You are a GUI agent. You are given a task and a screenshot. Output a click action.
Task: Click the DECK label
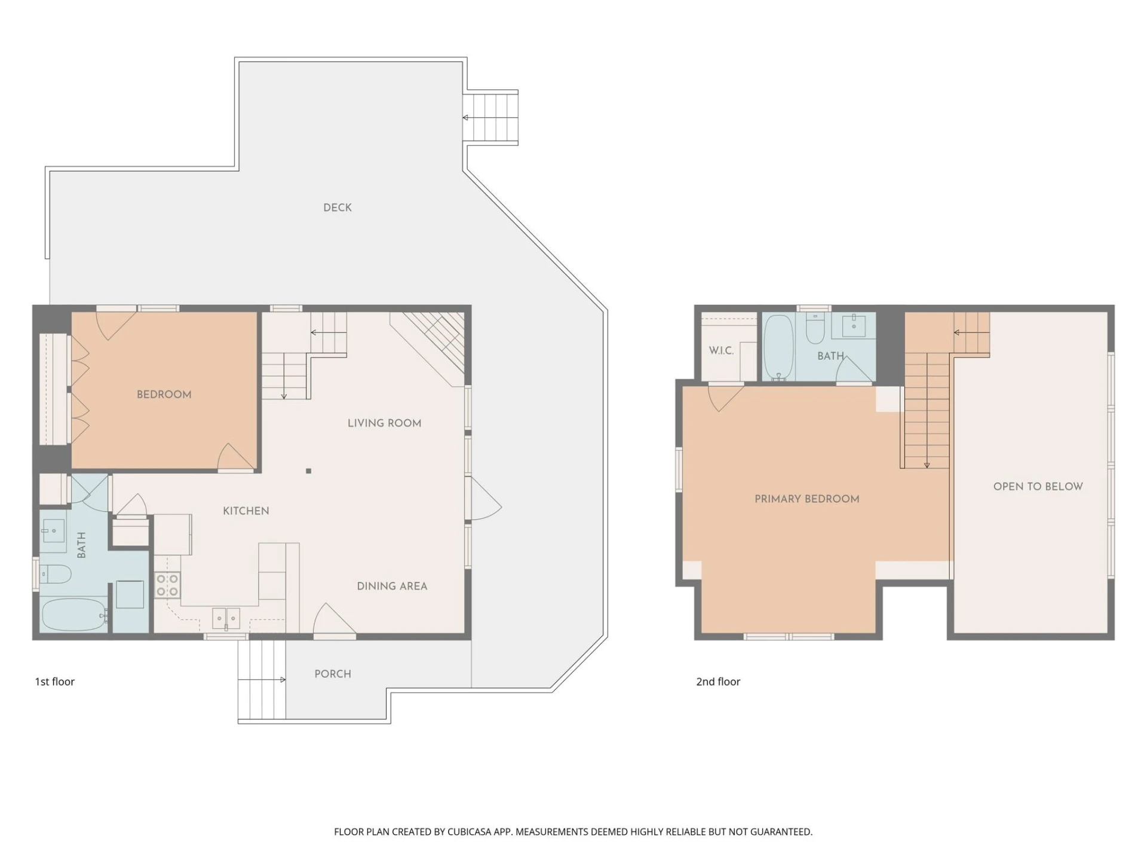coord(338,207)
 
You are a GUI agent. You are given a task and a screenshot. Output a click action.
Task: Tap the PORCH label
coord(333,674)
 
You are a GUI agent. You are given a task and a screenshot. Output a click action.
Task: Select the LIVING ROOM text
coord(385,423)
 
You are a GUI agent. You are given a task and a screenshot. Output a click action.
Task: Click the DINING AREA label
coord(392,586)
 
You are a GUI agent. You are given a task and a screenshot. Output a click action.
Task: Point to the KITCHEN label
coord(246,511)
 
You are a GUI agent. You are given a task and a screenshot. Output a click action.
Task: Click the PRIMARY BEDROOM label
coord(807,499)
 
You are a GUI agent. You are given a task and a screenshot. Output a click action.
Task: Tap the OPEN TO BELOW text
coord(1038,487)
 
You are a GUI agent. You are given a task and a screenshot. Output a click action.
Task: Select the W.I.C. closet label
coord(721,350)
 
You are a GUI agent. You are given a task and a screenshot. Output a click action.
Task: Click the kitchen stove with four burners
coord(167,585)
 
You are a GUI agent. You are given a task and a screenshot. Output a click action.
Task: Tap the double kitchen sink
coord(226,618)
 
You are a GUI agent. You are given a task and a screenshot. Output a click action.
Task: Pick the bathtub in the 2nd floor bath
coord(778,347)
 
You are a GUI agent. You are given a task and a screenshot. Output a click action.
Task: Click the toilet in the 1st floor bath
coord(55,575)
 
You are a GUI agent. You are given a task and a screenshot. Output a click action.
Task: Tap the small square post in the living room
coord(308,471)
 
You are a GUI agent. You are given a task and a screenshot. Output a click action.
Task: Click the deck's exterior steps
coord(490,118)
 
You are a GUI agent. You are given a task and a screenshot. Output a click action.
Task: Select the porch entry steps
coord(262,680)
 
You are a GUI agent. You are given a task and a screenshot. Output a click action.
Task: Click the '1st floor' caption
coord(54,682)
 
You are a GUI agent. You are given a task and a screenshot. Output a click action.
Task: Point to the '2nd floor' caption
coord(718,682)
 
